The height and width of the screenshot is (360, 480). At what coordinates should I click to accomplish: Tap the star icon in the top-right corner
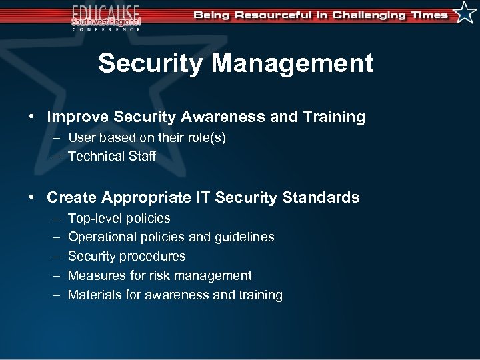point(465,13)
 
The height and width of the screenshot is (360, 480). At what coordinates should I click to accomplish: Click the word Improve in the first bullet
point(78,117)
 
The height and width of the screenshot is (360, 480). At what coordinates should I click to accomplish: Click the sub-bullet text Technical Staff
point(112,156)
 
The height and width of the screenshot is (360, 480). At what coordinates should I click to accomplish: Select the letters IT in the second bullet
point(203,197)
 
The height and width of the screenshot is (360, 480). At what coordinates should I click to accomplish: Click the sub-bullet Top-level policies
point(119,218)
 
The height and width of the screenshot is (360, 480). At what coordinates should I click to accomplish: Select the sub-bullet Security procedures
point(127,256)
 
